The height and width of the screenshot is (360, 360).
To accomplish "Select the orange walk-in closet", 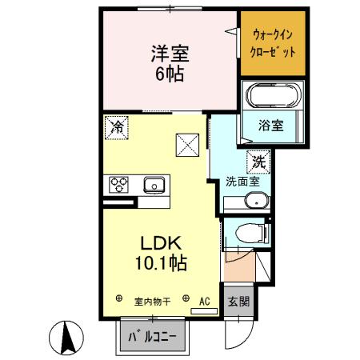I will pos(274,42).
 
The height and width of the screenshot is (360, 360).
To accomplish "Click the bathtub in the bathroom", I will pos(274,98).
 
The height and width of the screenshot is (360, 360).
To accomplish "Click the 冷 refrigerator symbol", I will pos(117,126).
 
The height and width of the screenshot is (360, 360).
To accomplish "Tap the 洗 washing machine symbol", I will pos(258,161).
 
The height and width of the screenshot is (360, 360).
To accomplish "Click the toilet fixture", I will pos(251,234).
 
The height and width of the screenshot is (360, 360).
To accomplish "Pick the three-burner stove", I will pos(120,185).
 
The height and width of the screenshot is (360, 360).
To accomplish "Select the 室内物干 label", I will pos(151,302).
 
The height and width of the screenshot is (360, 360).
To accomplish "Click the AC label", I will pos(204,302).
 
